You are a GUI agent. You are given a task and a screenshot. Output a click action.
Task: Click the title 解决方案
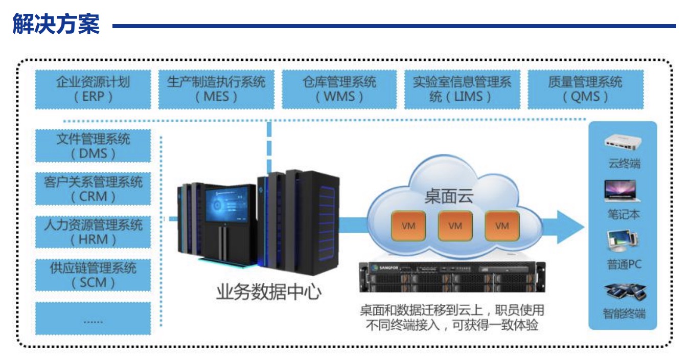56,25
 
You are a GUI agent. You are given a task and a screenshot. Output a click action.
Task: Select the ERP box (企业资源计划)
93,89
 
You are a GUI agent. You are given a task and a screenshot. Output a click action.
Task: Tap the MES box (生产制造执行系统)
216,89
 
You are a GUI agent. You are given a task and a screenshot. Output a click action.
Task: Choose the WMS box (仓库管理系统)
339,89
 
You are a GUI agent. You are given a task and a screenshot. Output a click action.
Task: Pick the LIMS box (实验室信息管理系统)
462,89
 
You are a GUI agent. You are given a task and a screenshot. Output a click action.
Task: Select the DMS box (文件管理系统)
93,146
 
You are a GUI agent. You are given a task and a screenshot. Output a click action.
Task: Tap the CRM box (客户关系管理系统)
93,189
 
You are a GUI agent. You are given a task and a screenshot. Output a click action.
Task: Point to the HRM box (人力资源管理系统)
93,232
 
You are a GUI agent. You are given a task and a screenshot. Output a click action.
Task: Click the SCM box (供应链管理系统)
93,275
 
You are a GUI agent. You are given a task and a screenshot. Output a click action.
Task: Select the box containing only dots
93,318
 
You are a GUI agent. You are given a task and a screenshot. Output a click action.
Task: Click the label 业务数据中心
269,292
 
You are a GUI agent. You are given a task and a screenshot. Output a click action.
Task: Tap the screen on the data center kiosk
227,204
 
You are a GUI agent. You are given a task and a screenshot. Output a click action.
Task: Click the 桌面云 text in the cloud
449,196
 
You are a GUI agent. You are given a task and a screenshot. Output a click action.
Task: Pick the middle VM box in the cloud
455,225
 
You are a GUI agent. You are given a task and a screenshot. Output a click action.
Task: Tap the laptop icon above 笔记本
622,190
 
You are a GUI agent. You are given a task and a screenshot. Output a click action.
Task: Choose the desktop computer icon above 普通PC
622,241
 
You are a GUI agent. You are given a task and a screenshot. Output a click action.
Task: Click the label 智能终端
624,313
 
